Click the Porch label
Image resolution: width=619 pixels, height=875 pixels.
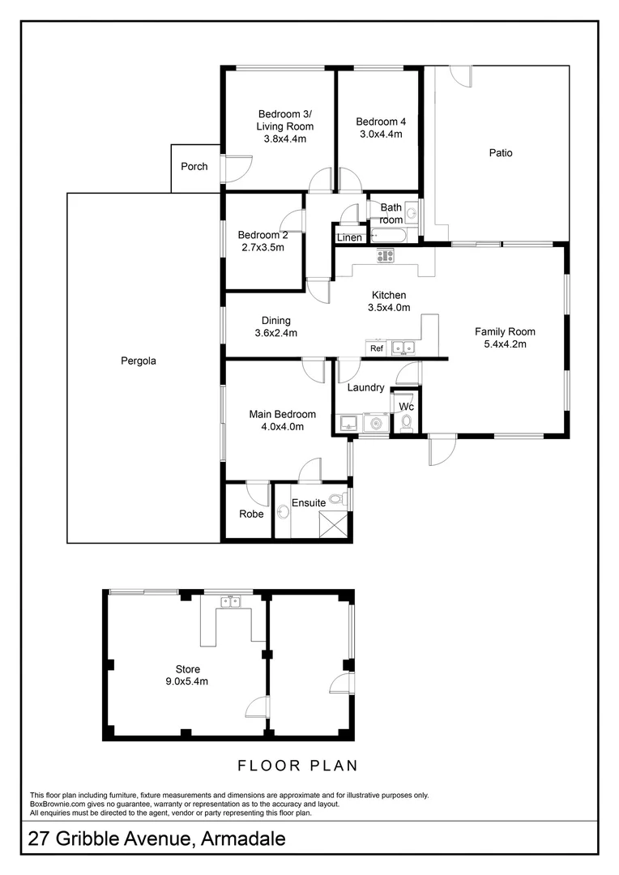194,166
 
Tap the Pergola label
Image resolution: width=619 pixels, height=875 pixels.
139,361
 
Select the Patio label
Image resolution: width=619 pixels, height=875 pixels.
501,153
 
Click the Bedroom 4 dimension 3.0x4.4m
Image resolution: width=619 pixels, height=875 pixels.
382,134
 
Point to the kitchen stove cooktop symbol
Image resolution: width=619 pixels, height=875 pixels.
385,255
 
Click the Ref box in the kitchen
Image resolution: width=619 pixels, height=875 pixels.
377,348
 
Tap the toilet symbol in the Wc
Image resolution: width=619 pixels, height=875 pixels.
407,422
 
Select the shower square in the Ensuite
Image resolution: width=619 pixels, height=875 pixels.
333,525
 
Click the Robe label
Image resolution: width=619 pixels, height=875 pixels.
251,514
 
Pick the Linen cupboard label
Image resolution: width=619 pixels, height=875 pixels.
349,237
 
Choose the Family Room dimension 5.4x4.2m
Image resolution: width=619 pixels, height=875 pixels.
505,344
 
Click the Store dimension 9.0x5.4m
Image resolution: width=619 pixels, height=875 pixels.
187,681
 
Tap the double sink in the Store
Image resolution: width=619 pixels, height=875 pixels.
230,601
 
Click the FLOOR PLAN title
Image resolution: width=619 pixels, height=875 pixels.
297,766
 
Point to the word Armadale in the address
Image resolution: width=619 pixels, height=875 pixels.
243,839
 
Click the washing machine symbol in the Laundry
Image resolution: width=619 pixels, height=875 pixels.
376,423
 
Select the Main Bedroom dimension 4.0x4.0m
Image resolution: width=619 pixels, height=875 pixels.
283,427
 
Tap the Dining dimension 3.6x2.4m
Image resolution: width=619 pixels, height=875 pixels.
275,333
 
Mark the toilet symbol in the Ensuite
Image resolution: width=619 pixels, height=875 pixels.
336,499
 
